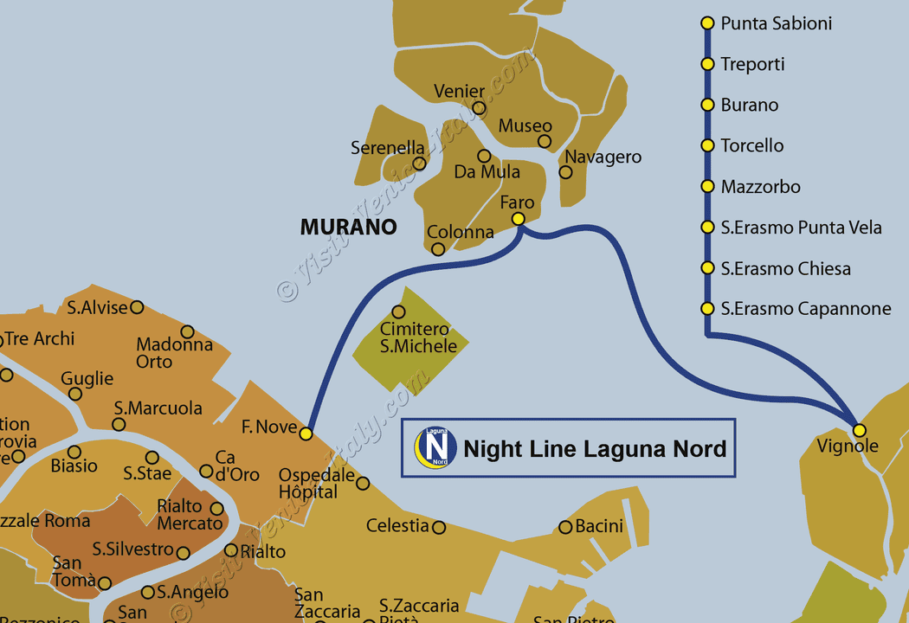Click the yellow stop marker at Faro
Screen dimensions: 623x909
pyautogui.click(x=519, y=219)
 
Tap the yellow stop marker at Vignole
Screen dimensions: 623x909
pyautogui.click(x=859, y=430)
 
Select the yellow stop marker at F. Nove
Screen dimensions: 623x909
pyautogui.click(x=306, y=434)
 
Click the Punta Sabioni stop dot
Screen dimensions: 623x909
pyautogui.click(x=707, y=23)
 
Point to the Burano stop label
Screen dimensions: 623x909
pyautogui.click(x=750, y=105)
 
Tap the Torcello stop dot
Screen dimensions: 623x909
pyautogui.click(x=707, y=146)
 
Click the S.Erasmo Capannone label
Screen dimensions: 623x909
pyautogui.click(x=806, y=309)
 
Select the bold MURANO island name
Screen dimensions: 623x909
pyautogui.click(x=348, y=228)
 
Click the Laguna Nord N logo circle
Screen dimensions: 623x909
pyautogui.click(x=436, y=447)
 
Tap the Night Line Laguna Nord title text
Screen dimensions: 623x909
pyautogui.click(x=595, y=449)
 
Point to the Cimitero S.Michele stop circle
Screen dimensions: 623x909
pyautogui.click(x=399, y=311)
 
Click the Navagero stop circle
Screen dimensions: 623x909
pyautogui.click(x=565, y=172)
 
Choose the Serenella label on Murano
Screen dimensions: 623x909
pyautogui.click(x=387, y=148)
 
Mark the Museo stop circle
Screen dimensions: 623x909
pyautogui.click(x=545, y=141)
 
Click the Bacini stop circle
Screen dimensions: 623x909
pyautogui.click(x=565, y=527)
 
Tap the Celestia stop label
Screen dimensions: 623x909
pyautogui.click(x=397, y=525)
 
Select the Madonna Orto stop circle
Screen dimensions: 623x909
pyautogui.click(x=187, y=331)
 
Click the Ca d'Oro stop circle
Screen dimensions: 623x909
pyautogui.click(x=206, y=472)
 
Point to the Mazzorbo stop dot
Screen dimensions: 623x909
pyautogui.click(x=707, y=187)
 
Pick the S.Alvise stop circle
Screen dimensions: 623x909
pyautogui.click(x=137, y=307)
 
